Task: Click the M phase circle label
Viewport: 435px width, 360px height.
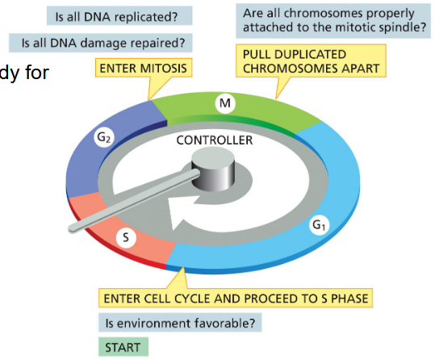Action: tap(226, 103)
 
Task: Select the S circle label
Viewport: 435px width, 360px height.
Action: tap(124, 237)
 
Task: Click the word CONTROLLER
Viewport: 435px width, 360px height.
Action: tap(215, 140)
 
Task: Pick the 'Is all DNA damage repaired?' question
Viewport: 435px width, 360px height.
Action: tap(101, 42)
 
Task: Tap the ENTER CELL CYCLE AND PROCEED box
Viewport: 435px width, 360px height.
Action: tap(235, 299)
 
